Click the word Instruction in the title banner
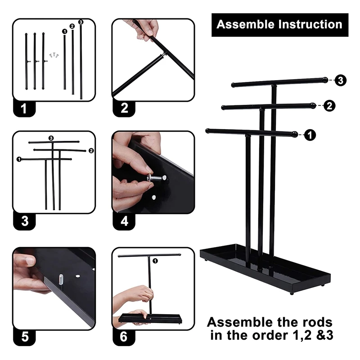click(x=310, y=24)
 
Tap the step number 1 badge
click(x=24, y=108)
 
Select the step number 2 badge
click(x=124, y=108)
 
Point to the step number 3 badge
click(x=25, y=221)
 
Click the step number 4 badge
click(x=124, y=221)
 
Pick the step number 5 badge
click(x=25, y=337)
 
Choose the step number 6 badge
click(x=124, y=337)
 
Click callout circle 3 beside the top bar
click(x=341, y=81)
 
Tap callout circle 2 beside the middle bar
click(x=329, y=106)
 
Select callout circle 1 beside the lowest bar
click(x=310, y=135)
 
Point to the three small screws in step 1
click(x=54, y=55)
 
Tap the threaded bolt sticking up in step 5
click(x=61, y=279)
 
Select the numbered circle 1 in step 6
click(x=155, y=261)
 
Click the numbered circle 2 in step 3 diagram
click(x=91, y=151)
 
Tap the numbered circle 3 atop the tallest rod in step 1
click(x=81, y=22)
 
